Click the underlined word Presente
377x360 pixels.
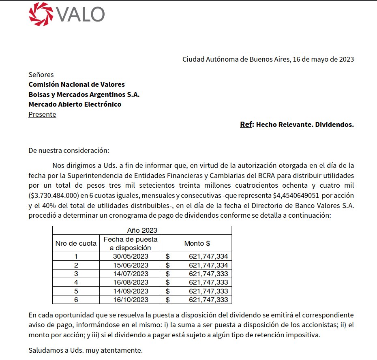(42, 114)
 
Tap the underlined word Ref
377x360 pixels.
(246, 124)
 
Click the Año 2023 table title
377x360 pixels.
(142, 230)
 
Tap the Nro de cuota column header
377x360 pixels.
(76, 244)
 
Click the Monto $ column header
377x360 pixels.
(197, 244)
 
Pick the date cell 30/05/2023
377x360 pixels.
(131, 256)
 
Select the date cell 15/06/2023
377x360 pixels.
(131, 265)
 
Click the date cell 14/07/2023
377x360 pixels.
(131, 274)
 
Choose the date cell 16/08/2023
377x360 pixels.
(131, 282)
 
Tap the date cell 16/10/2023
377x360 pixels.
(131, 300)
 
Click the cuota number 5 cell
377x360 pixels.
(76, 291)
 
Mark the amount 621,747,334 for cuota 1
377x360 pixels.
(208, 256)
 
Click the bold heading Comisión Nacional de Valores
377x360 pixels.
(77, 84)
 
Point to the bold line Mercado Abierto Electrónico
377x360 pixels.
(75, 104)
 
